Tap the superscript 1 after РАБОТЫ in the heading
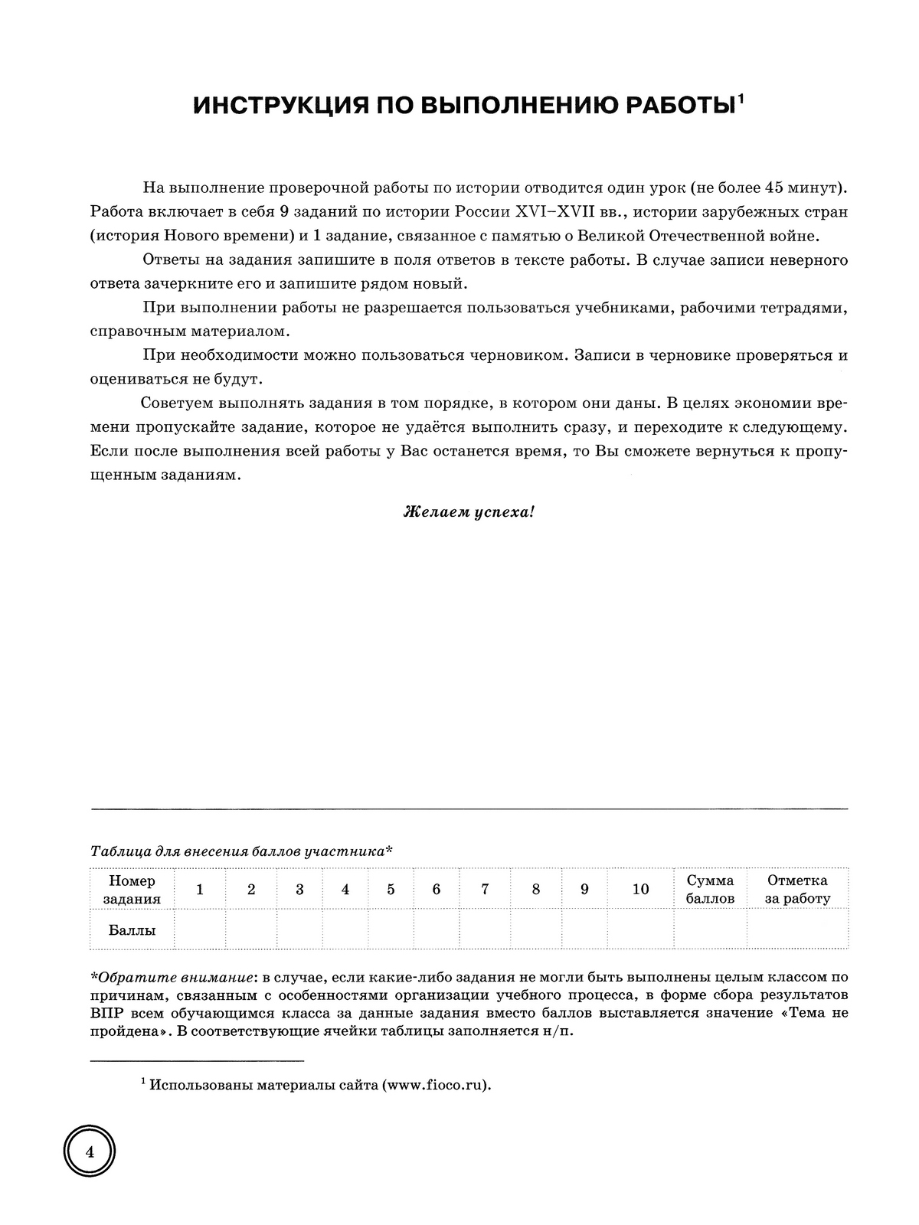(741, 98)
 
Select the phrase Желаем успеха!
(469, 512)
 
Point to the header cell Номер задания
(132, 890)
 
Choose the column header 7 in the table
(485, 890)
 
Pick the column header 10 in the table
(640, 890)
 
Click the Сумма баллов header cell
(710, 890)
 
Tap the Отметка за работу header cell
(797, 890)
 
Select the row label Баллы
(132, 930)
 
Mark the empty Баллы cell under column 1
(200, 930)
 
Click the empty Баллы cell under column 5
(391, 930)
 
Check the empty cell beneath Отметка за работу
(797, 930)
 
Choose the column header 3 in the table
(299, 890)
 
